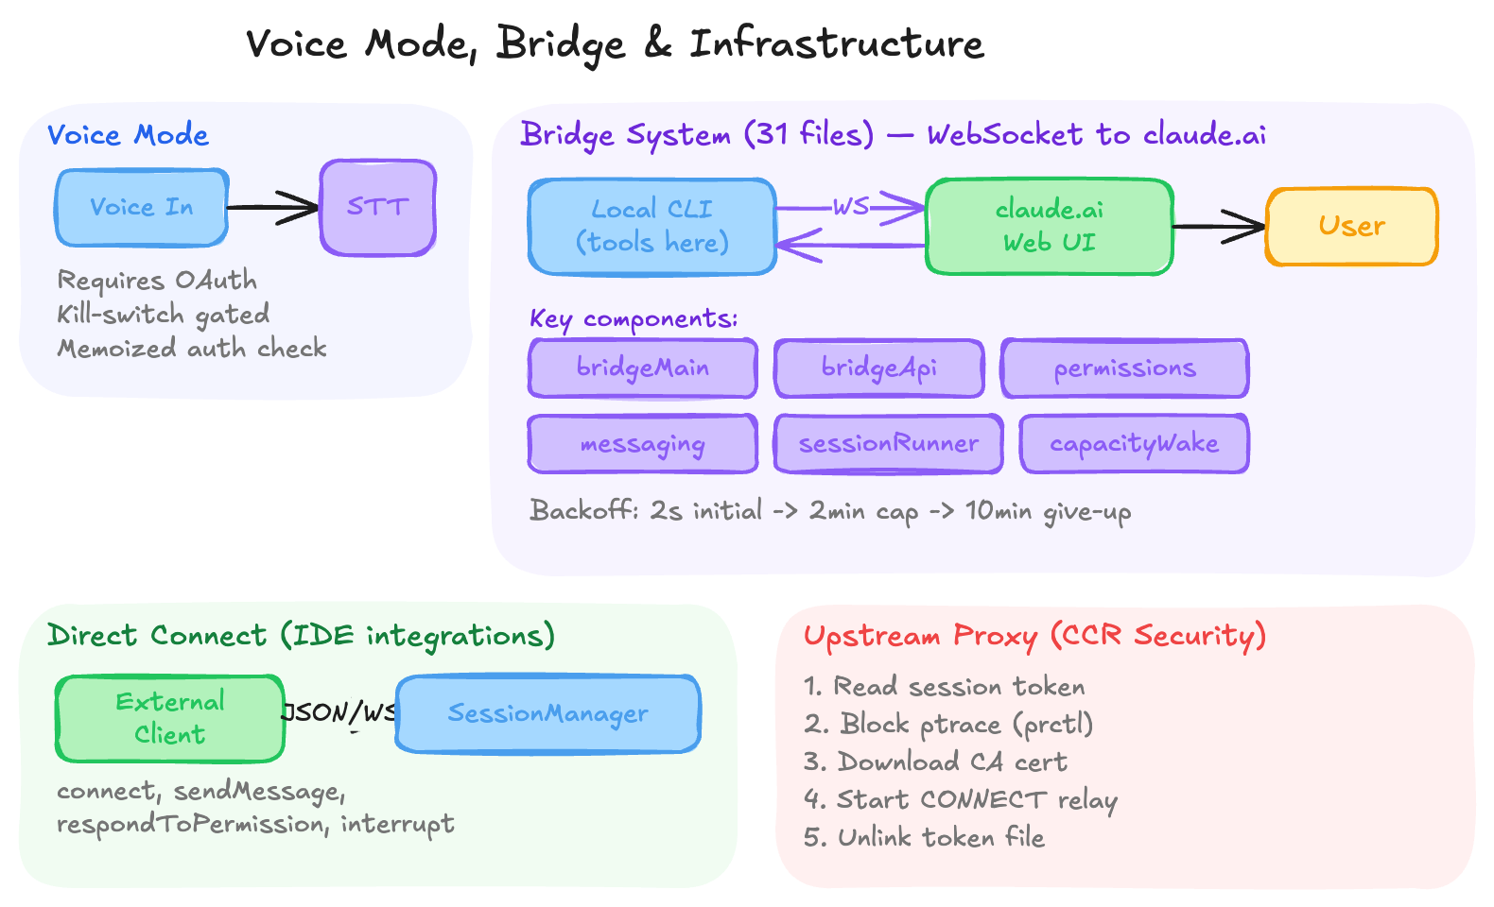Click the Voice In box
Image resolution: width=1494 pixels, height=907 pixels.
pyautogui.click(x=142, y=208)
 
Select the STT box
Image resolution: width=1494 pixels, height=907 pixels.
pyautogui.click(x=377, y=208)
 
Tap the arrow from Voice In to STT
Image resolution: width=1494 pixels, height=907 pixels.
pyautogui.click(x=274, y=208)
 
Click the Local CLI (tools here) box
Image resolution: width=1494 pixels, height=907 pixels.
pyautogui.click(x=652, y=227)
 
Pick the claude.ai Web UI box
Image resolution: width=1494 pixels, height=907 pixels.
pyautogui.click(x=1049, y=227)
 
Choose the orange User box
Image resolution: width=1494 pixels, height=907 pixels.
pyautogui.click(x=1351, y=227)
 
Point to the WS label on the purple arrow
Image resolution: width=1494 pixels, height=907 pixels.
pyautogui.click(x=850, y=206)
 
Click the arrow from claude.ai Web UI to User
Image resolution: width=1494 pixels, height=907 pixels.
pyautogui.click(x=1220, y=227)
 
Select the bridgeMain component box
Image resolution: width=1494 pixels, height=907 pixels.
pyautogui.click(x=643, y=368)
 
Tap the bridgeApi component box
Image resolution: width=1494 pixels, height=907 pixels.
pyautogui.click(x=878, y=368)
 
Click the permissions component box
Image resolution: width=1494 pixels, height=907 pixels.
pyautogui.click(x=1124, y=368)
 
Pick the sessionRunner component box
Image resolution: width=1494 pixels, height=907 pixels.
pyautogui.click(x=888, y=444)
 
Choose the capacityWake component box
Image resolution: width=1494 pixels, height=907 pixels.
pyautogui.click(x=1134, y=444)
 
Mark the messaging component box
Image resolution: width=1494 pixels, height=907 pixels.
pyautogui.click(x=643, y=444)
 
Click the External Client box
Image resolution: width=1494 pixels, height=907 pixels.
pyautogui.click(x=170, y=718)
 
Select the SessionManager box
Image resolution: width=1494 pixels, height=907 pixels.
pyautogui.click(x=548, y=714)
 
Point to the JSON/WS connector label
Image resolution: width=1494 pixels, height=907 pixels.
pyautogui.click(x=339, y=712)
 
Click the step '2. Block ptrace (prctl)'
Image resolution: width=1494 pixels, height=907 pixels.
pyautogui.click(x=948, y=725)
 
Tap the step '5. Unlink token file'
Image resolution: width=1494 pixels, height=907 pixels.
pyautogui.click(x=924, y=838)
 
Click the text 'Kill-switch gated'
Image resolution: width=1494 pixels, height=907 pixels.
pyautogui.click(x=164, y=315)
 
